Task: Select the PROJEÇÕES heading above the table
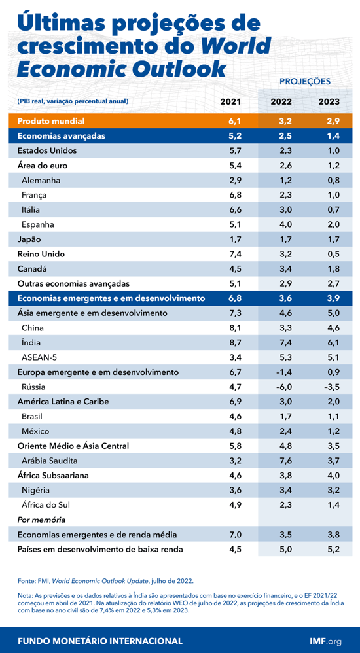click(305, 82)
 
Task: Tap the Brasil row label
click(33, 416)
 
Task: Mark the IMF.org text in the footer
click(326, 641)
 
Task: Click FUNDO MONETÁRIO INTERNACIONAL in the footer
click(100, 641)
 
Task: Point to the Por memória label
click(41, 520)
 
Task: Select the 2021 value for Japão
click(235, 239)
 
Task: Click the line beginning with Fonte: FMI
click(105, 580)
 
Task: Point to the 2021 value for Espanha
click(235, 224)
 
